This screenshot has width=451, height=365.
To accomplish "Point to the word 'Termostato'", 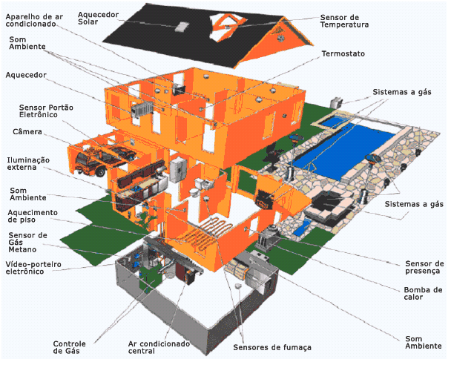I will tap(343, 54).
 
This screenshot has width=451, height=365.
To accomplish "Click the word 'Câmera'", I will tap(27, 132).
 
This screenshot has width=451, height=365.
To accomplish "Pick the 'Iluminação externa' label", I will tap(28, 163).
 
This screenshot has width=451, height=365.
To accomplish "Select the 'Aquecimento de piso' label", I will tap(33, 216).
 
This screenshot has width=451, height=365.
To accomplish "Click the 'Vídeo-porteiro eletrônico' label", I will tap(35, 268).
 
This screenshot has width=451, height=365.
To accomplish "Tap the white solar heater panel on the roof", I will tap(182, 27).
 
